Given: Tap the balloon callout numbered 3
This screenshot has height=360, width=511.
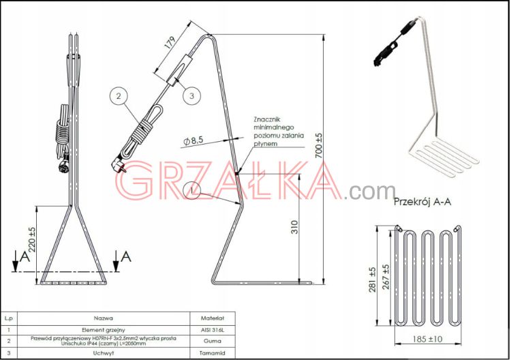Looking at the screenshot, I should pos(191,96).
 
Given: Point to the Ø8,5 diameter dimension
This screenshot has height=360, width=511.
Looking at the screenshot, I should pos(193,141).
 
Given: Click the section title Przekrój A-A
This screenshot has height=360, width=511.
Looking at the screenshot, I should pos(422,202).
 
